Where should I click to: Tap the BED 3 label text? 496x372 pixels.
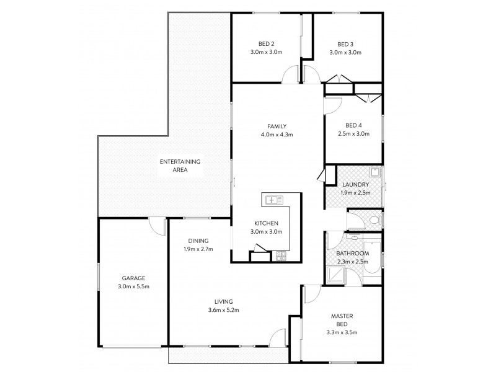click(345, 43)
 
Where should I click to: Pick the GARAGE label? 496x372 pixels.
click(133, 278)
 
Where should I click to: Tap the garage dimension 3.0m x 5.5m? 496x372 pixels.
click(133, 287)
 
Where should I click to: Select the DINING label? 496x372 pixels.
click(198, 241)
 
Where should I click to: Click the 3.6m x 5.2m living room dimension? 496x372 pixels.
click(223, 309)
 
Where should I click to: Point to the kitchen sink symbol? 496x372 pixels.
click(272, 200)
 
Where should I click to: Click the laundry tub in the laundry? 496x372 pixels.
click(375, 173)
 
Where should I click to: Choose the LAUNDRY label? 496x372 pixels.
click(355, 185)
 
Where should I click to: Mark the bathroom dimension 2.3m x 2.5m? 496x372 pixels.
click(352, 262)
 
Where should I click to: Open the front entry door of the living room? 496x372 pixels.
click(278, 339)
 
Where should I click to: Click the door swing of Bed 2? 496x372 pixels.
click(289, 76)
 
